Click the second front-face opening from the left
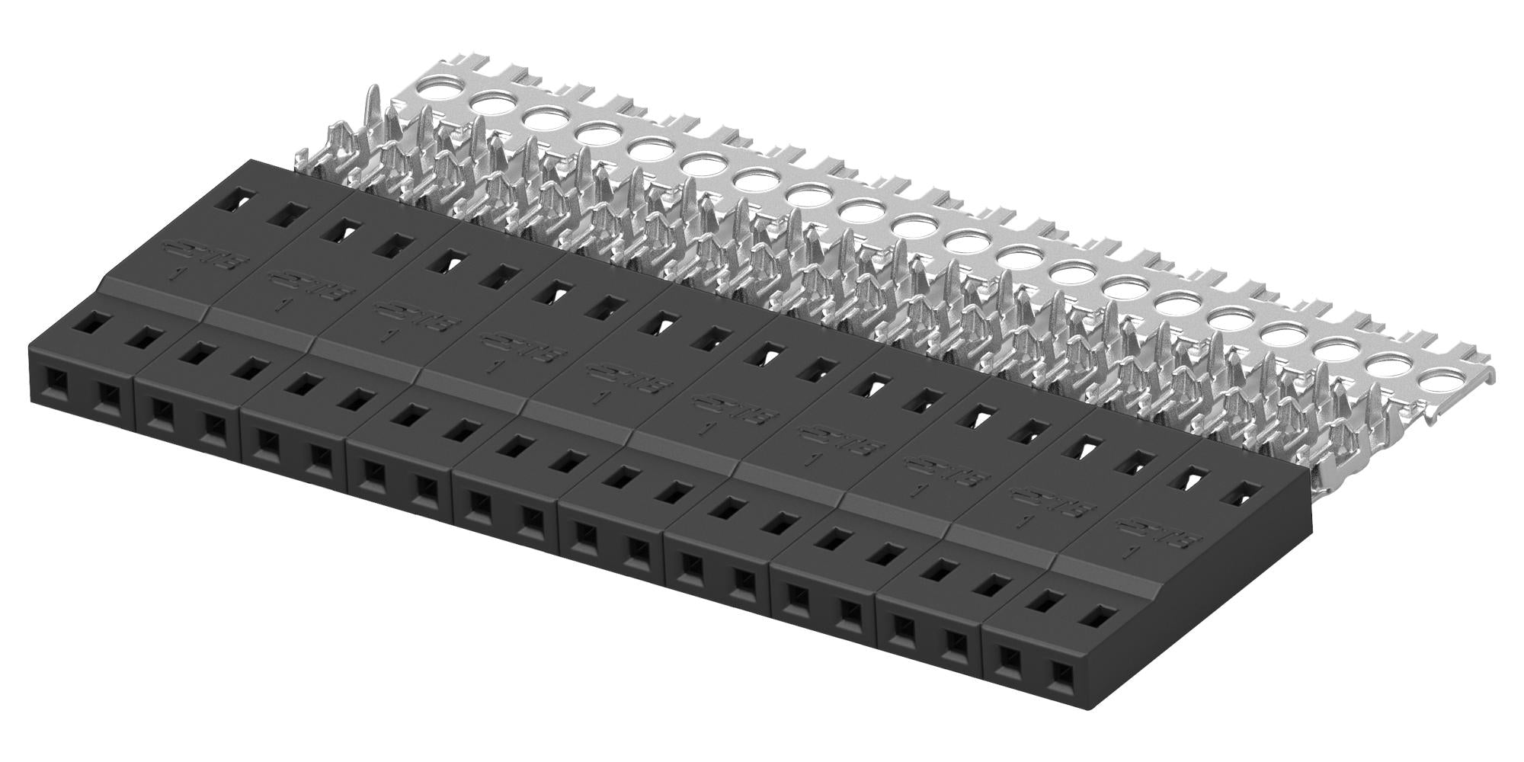(x=107, y=395)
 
